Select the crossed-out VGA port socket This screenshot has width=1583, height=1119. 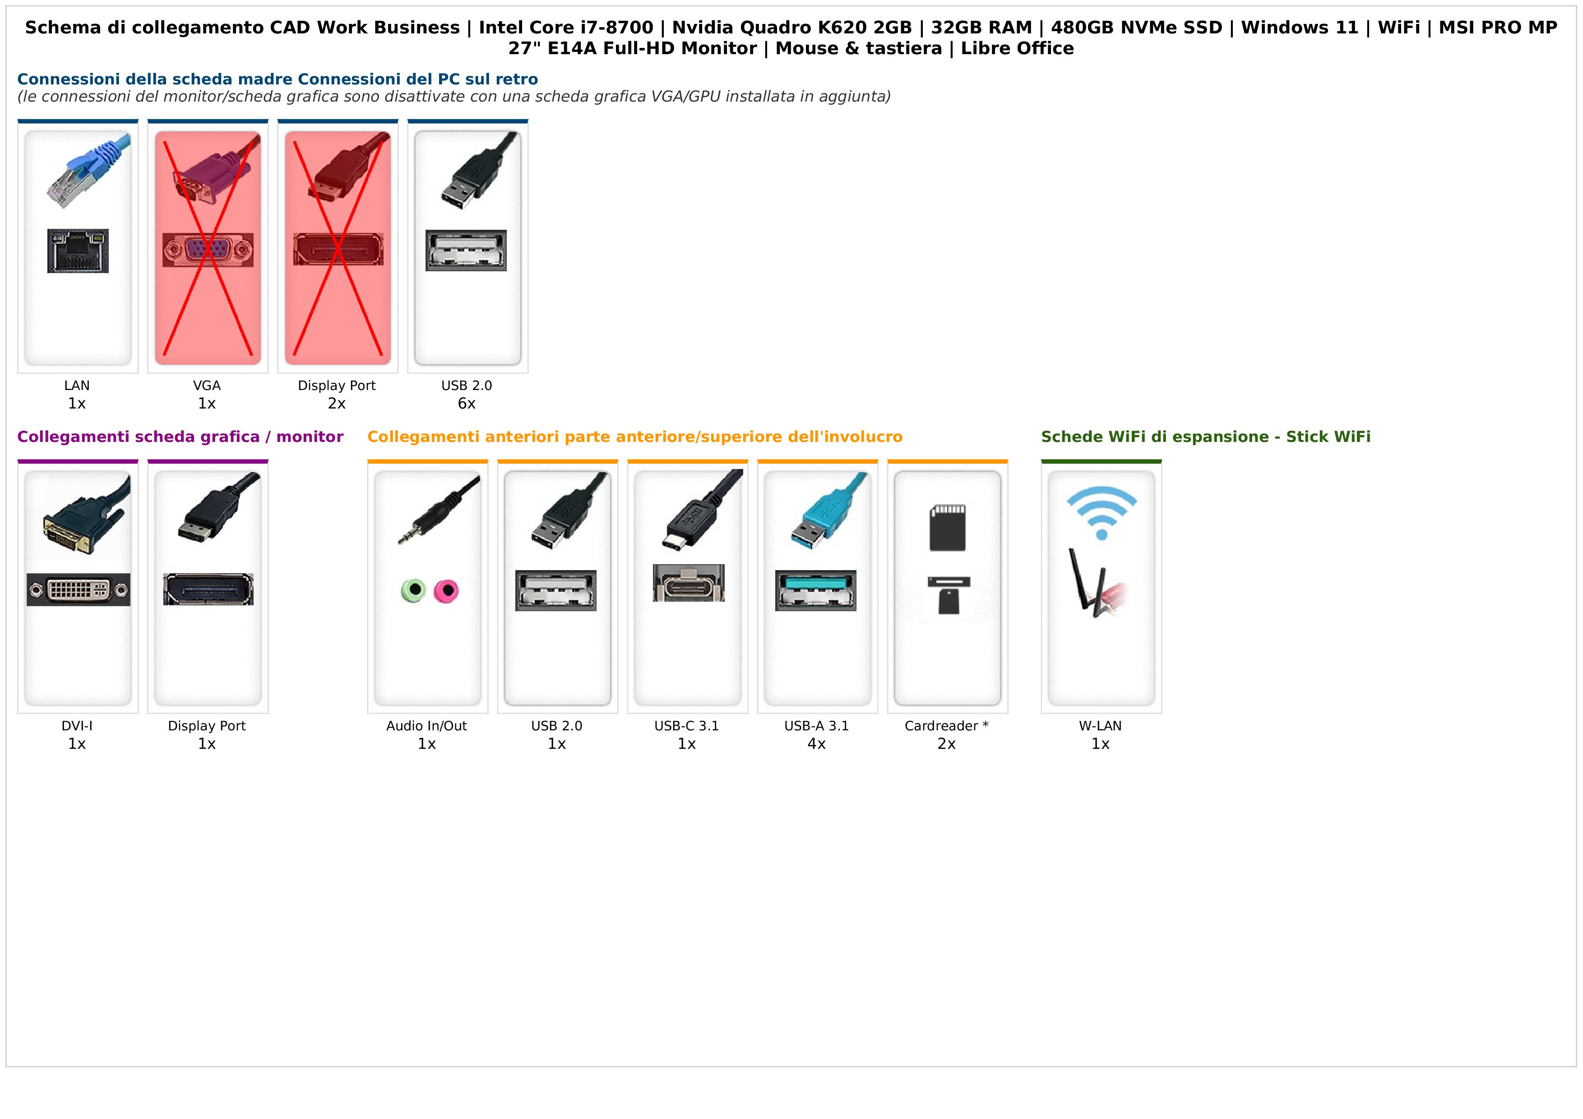pos(208,250)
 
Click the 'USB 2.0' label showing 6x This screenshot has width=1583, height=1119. pos(467,385)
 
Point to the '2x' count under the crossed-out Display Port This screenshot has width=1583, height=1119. pos(337,404)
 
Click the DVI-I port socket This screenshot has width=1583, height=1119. pos(78,590)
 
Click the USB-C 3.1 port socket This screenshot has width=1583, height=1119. pos(688,583)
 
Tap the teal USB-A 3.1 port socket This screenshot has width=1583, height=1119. pos(815,590)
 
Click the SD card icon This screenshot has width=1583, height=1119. pos(947,527)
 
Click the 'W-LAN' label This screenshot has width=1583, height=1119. pos(1100,726)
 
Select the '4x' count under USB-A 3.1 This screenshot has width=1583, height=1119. pos(816,744)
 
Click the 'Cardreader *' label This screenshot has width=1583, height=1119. pos(947,726)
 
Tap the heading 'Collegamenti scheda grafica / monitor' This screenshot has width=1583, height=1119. pos(180,437)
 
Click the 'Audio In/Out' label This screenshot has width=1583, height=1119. pos(427,726)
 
